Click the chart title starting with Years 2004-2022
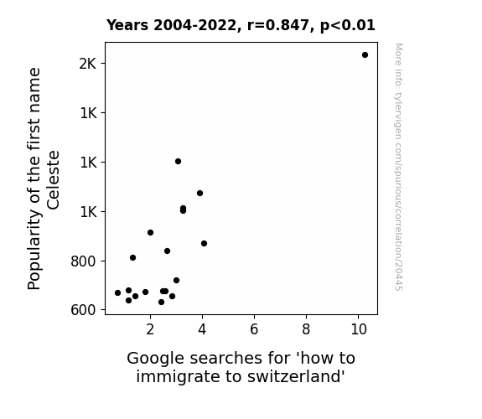241,25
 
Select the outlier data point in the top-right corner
365,55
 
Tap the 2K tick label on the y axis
88,64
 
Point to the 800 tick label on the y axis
83,261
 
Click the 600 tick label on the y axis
83,310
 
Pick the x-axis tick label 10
359,329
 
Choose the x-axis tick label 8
306,329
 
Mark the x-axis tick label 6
254,329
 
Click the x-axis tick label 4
202,329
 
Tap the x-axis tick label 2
150,329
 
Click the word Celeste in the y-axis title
53,180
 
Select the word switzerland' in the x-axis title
296,376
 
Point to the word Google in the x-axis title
156,359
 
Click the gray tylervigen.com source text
398,167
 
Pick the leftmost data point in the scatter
117,293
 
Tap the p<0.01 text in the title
348,25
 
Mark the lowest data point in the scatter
162,303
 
